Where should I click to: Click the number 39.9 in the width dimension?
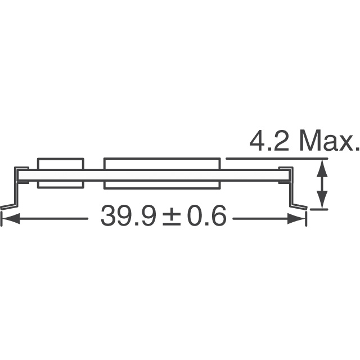coord(129,215)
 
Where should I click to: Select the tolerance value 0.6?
coord(206,215)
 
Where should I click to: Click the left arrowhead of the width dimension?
coord(11,218)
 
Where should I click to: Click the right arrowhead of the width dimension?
coord(296,218)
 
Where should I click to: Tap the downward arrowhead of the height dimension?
coord(322,200)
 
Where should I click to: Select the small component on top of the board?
coord(61,164)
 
